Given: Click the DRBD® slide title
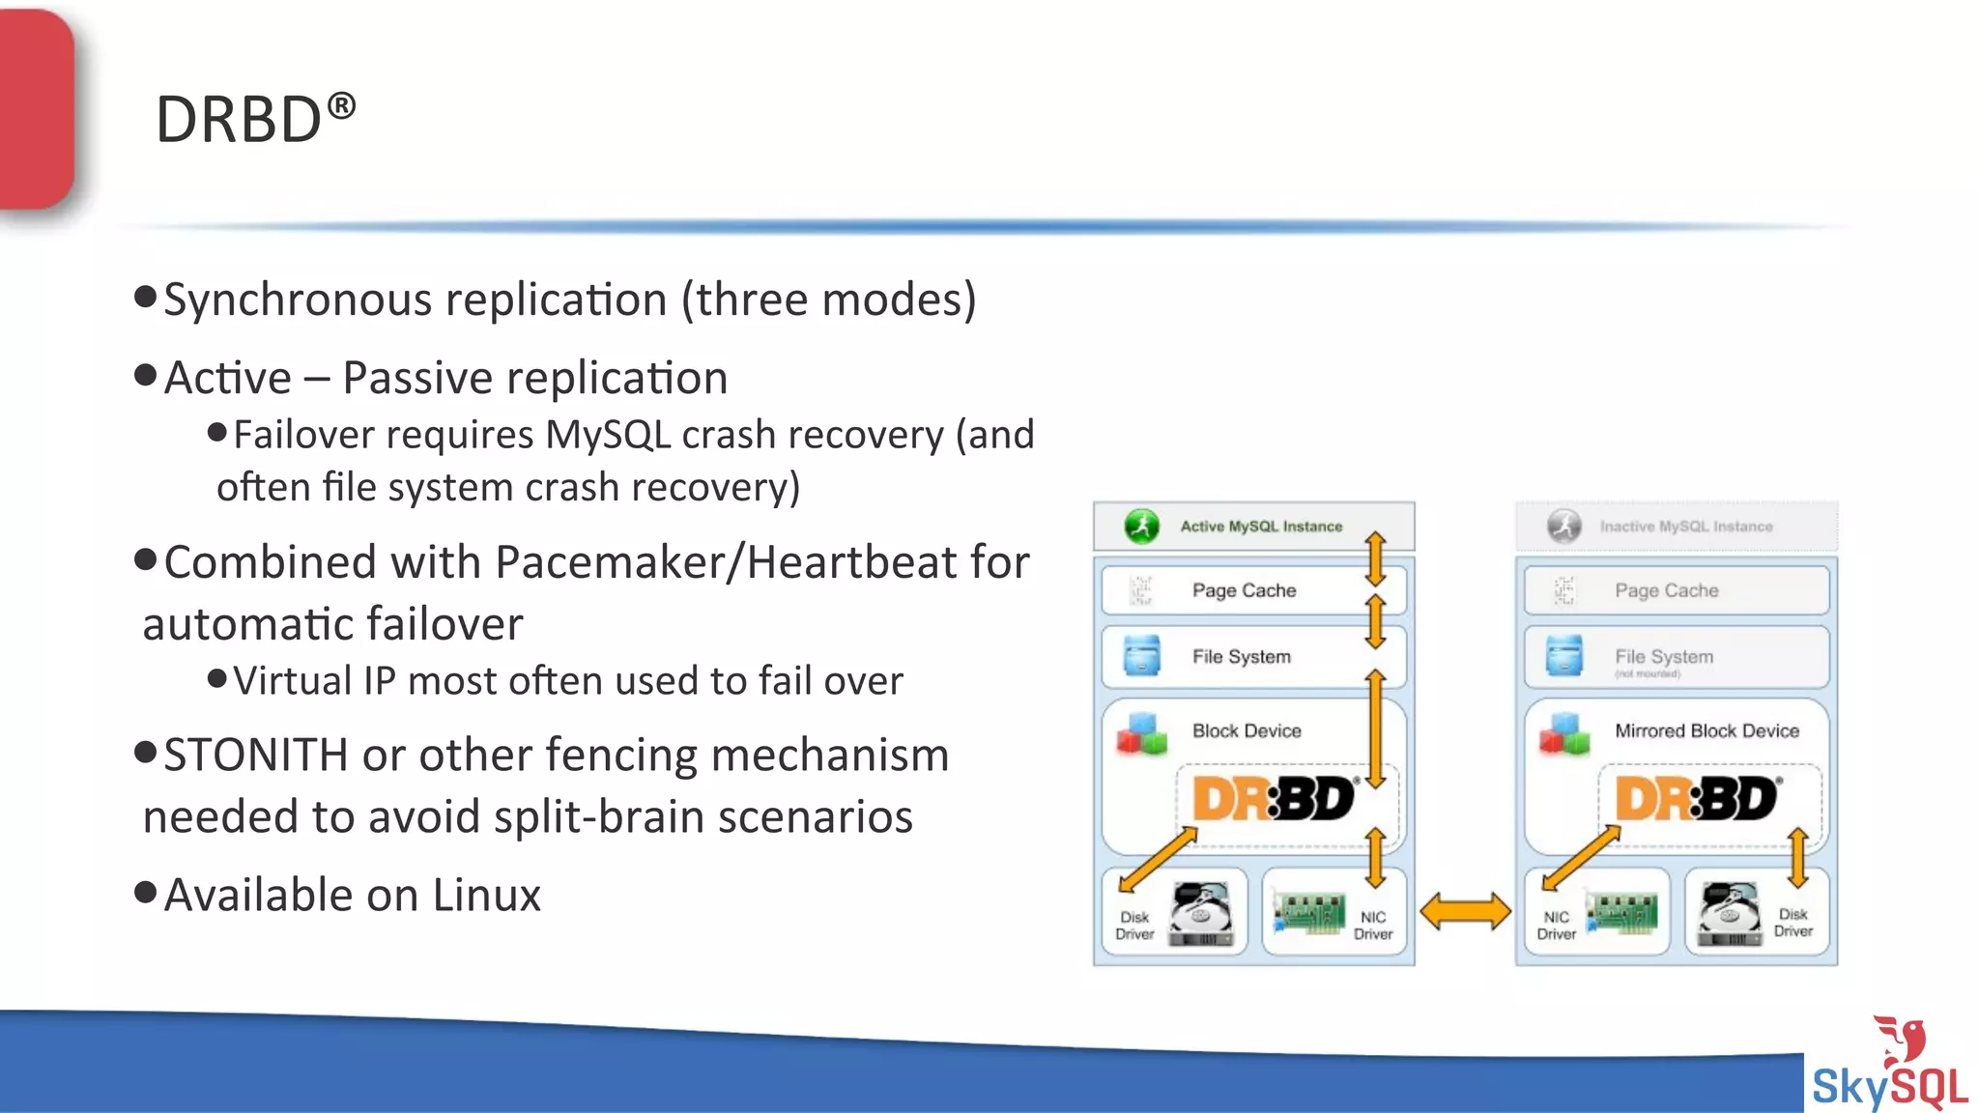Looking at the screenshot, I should coord(255,120).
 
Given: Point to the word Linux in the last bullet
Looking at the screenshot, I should coord(486,896).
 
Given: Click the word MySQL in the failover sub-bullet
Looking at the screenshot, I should coord(608,436).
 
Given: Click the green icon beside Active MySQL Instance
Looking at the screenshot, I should coord(1142,527).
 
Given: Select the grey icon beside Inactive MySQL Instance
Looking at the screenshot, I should coord(1564,527).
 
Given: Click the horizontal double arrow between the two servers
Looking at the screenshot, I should coord(1465,911).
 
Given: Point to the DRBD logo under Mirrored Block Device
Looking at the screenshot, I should coord(1696,799).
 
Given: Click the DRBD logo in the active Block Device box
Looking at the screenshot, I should coord(1274,799).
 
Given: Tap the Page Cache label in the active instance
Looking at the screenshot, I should coord(1244,590).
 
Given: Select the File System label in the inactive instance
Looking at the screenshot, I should coord(1664,657).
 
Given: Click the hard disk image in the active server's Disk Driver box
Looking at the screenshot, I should coord(1201,914).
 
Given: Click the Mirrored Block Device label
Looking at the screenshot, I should coord(1707,731).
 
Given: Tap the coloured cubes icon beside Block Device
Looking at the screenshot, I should coord(1142,734).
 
